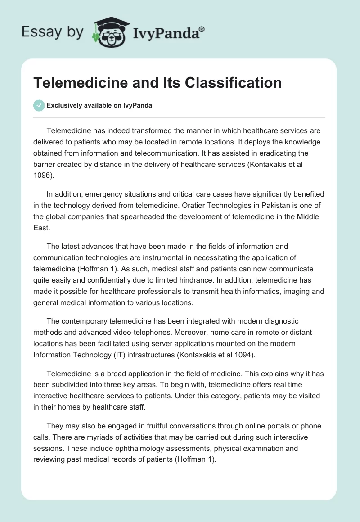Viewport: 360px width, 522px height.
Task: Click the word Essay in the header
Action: [38, 32]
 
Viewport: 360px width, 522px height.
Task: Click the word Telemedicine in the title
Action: [80, 83]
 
